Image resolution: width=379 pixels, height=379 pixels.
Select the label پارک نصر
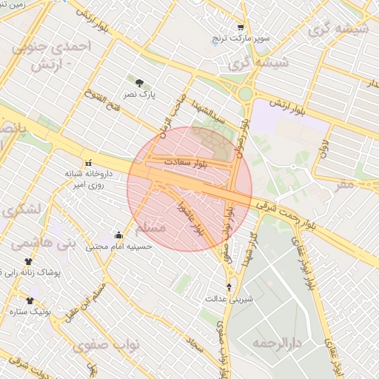(x=140, y=95)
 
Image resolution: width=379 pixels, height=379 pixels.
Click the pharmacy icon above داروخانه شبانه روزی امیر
(x=89, y=163)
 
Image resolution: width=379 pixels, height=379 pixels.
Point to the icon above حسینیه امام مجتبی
(x=118, y=235)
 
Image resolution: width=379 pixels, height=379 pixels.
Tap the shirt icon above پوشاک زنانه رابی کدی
(x=29, y=262)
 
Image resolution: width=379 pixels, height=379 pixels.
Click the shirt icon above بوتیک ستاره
(x=30, y=301)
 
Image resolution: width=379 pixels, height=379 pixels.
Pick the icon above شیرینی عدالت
(x=228, y=286)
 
